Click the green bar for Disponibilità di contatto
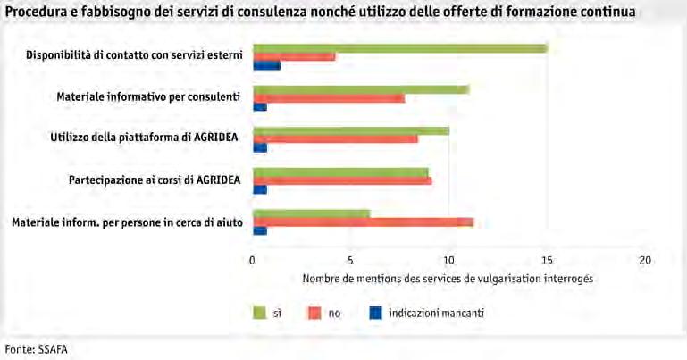[400, 48]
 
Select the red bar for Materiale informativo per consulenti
[329, 98]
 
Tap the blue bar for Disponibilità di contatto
[267, 66]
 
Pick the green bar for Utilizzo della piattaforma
[351, 131]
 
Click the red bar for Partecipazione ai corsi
[343, 180]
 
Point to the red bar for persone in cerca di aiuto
[364, 222]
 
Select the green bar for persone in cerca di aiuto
[312, 213]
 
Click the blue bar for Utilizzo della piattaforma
[260, 148]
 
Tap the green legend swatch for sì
[259, 313]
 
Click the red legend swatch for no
[314, 313]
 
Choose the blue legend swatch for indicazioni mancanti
[375, 313]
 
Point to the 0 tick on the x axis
[252, 261]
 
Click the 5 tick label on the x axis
[350, 261]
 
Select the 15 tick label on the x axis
[548, 261]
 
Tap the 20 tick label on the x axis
[645, 261]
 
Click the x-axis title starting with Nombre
[448, 279]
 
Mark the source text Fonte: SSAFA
[37, 349]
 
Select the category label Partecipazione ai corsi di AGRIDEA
[155, 180]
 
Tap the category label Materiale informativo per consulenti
[148, 96]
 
